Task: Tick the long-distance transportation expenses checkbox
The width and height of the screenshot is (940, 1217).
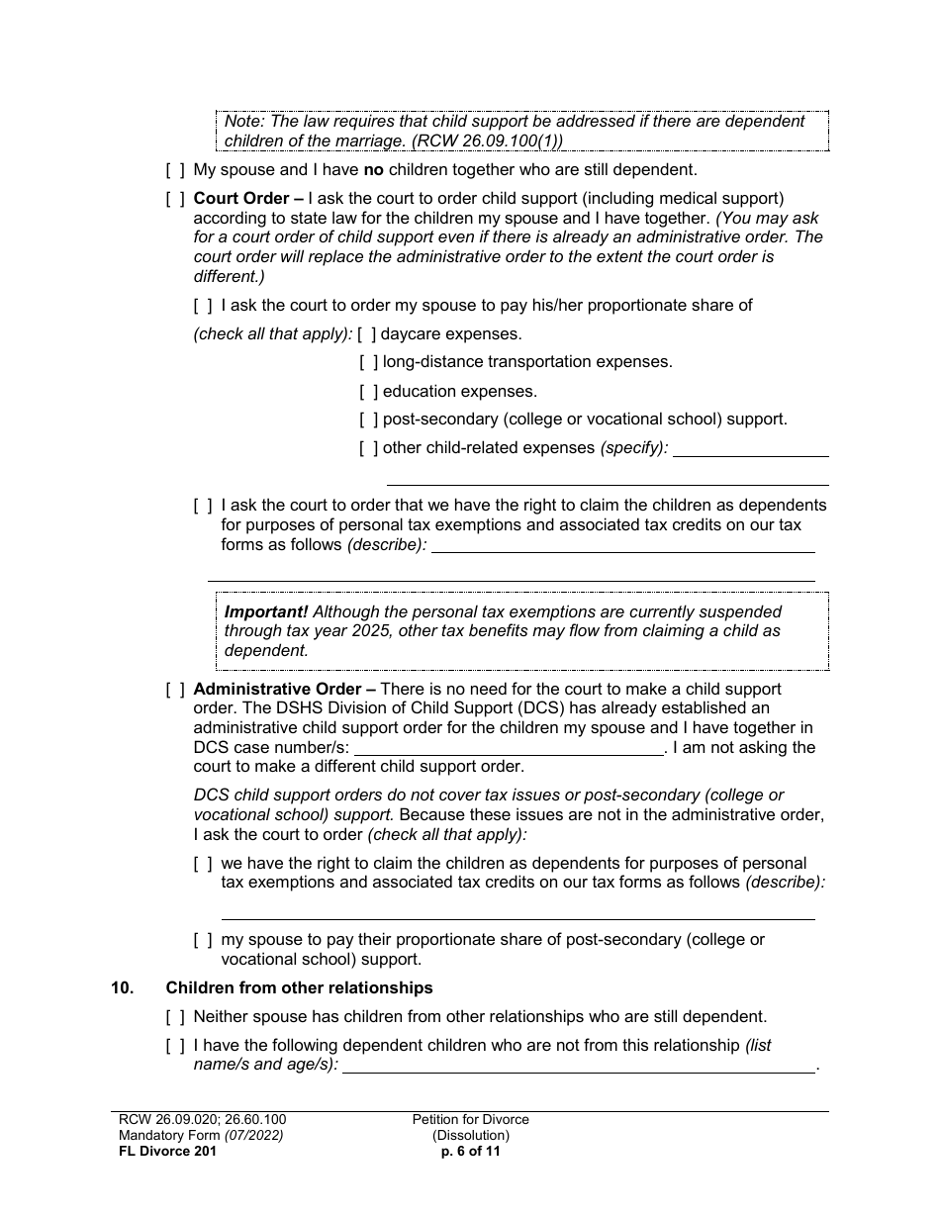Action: coord(368,362)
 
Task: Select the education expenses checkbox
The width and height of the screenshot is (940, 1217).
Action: coord(368,392)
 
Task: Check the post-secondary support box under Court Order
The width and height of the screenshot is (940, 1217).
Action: coord(368,420)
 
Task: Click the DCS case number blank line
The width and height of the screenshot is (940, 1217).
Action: coord(509,749)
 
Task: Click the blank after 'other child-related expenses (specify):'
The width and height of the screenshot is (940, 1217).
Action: coord(750,450)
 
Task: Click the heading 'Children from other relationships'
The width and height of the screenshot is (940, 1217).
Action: coord(299,988)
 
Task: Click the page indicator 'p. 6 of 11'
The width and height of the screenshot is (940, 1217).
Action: coord(471,1152)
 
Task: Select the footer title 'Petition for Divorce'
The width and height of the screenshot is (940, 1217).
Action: coord(471,1120)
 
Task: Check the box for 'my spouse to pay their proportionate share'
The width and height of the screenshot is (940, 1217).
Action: coord(203,940)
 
